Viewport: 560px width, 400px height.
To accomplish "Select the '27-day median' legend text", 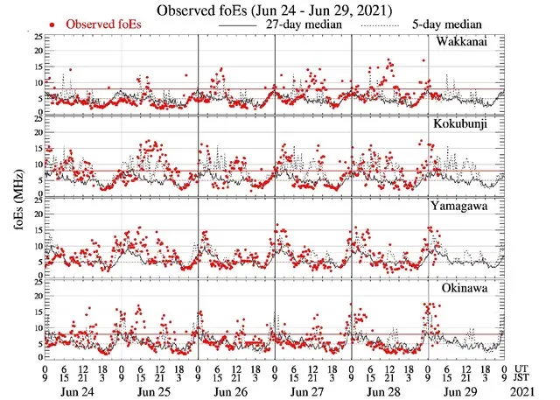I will [x=302, y=25].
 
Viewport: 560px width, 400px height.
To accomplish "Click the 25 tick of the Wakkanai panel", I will [x=36, y=38].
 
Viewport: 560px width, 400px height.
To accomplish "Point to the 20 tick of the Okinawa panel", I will [x=36, y=296].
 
